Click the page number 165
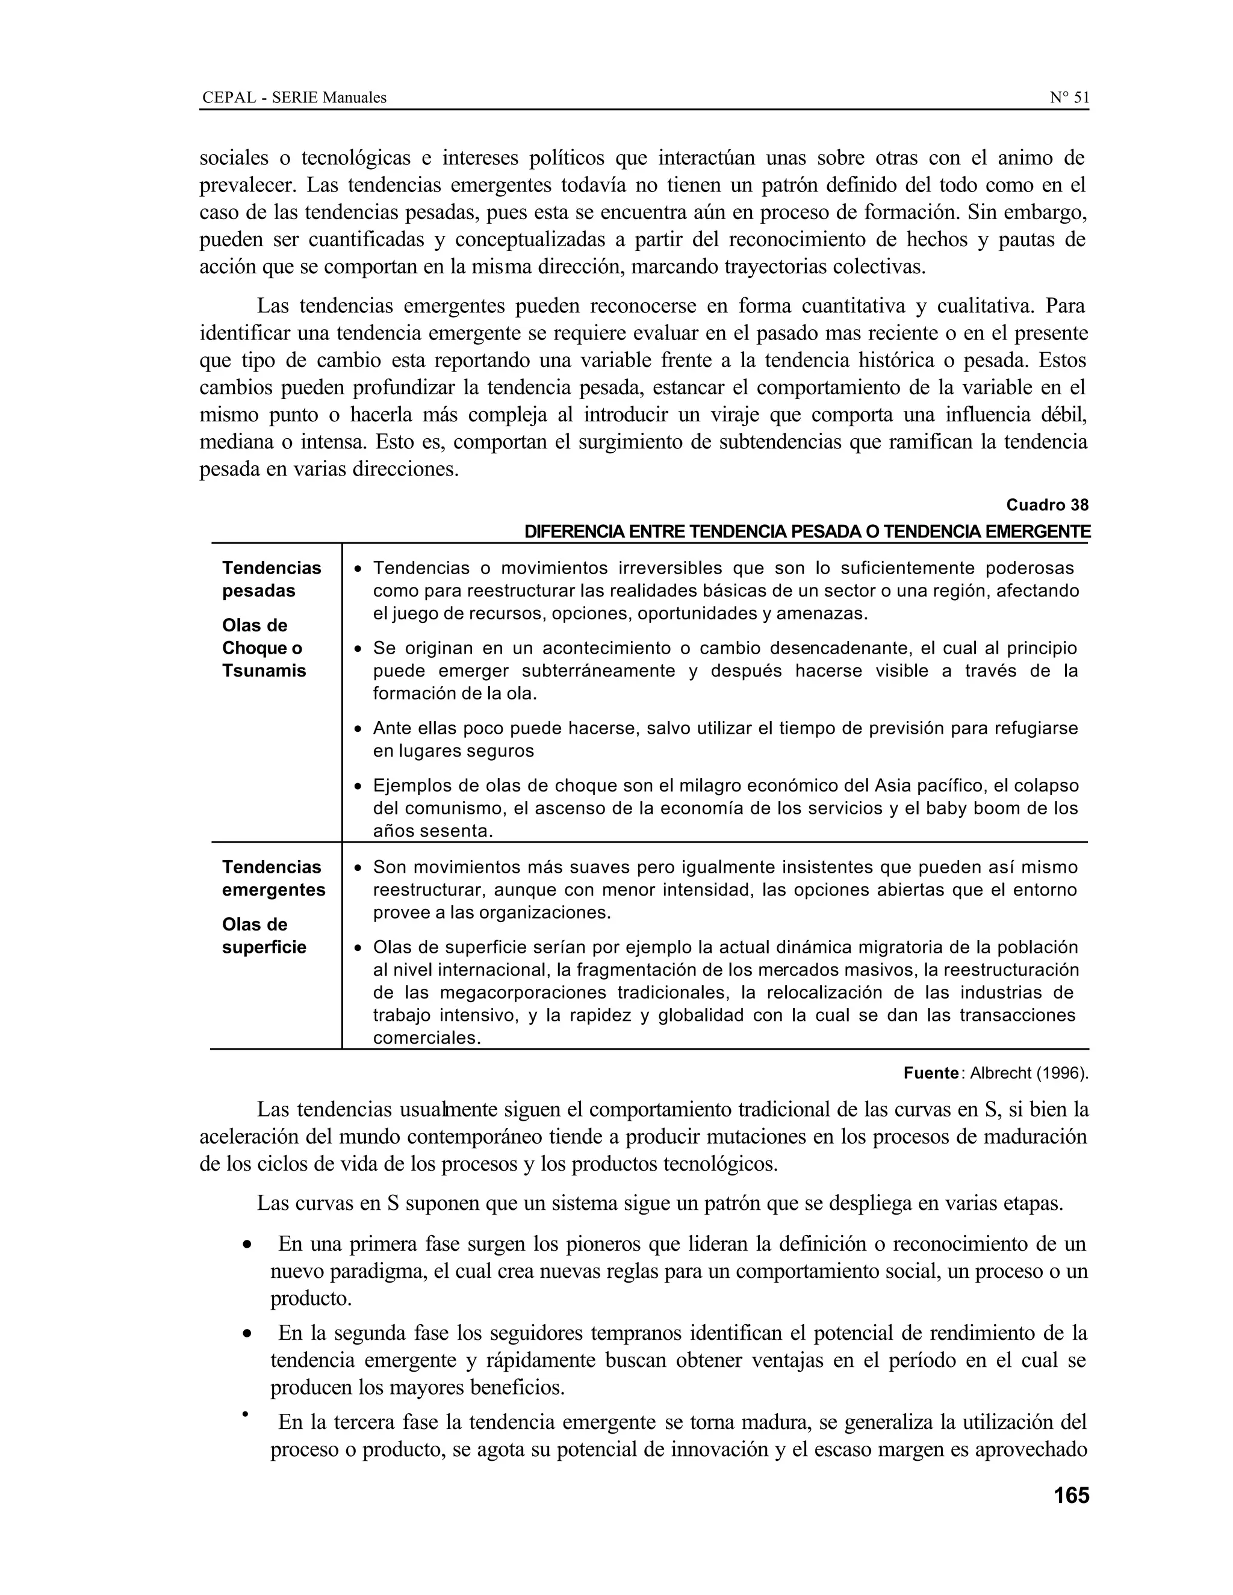1071,1495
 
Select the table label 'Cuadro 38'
1047,504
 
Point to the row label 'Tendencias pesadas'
271,579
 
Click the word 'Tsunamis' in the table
264,671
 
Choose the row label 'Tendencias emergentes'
273,879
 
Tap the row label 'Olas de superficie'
264,935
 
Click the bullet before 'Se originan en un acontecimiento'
358,648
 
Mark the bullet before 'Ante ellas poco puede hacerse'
358,729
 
